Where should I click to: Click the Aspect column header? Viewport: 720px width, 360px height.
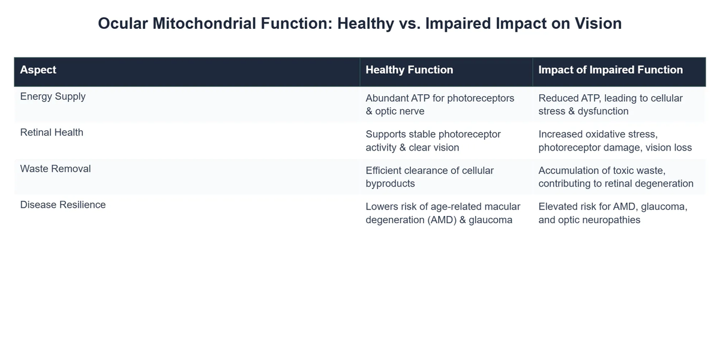click(x=38, y=70)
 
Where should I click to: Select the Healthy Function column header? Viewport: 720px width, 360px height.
click(x=409, y=70)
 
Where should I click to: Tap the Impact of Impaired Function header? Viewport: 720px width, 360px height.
click(x=610, y=70)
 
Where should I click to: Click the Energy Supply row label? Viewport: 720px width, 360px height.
click(x=53, y=97)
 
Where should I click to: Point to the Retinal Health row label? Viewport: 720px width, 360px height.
click(x=52, y=133)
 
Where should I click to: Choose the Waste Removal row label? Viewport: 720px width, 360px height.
click(x=55, y=169)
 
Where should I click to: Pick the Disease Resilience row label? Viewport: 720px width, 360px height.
click(x=62, y=205)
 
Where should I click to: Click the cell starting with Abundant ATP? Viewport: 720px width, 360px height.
click(x=440, y=104)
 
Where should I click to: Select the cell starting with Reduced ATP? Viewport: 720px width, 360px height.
click(x=610, y=104)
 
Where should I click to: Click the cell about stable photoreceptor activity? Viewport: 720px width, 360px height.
click(x=433, y=140)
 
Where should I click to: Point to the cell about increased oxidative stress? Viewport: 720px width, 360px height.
click(x=614, y=140)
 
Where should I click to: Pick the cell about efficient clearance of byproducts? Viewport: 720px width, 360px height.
click(x=430, y=177)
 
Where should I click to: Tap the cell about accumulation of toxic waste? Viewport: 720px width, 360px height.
click(x=616, y=177)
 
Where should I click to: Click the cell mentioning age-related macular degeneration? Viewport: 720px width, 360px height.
click(x=443, y=213)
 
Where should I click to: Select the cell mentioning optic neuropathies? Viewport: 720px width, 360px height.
click(x=613, y=213)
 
